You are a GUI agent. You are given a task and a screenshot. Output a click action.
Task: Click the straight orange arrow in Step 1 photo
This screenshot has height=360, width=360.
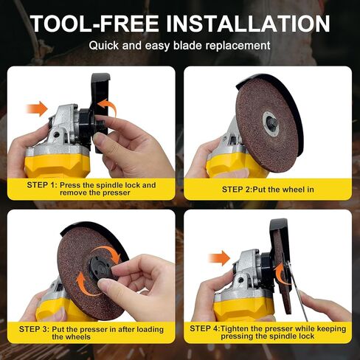tap(35, 109)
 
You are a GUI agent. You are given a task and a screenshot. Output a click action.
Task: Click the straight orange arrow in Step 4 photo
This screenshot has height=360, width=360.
tap(220, 257)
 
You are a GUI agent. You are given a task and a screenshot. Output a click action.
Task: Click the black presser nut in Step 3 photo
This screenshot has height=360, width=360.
tap(97, 270)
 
